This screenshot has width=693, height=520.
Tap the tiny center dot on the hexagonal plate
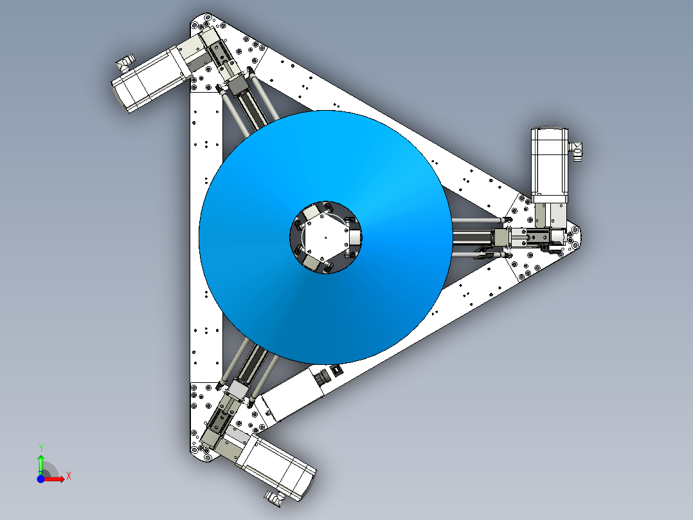coord(326,237)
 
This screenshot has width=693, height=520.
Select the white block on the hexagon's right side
coord(354,238)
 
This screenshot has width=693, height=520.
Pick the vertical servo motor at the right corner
coord(550,166)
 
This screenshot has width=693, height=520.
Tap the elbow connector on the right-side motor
coord(576,151)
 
